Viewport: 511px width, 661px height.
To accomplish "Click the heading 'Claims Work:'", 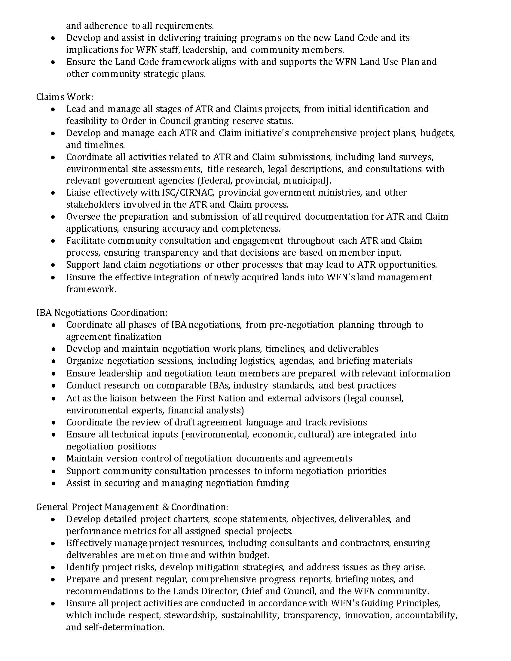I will tap(65, 97).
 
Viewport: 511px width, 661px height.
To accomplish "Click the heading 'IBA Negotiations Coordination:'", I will tap(102, 312).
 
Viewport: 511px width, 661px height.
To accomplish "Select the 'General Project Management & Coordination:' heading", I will tap(132, 507).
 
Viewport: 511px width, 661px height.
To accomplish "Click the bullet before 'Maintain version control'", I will tap(53, 459).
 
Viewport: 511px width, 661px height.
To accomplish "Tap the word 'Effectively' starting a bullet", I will tap(89, 543).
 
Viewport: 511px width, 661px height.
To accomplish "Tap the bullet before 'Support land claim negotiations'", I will tap(53, 265).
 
